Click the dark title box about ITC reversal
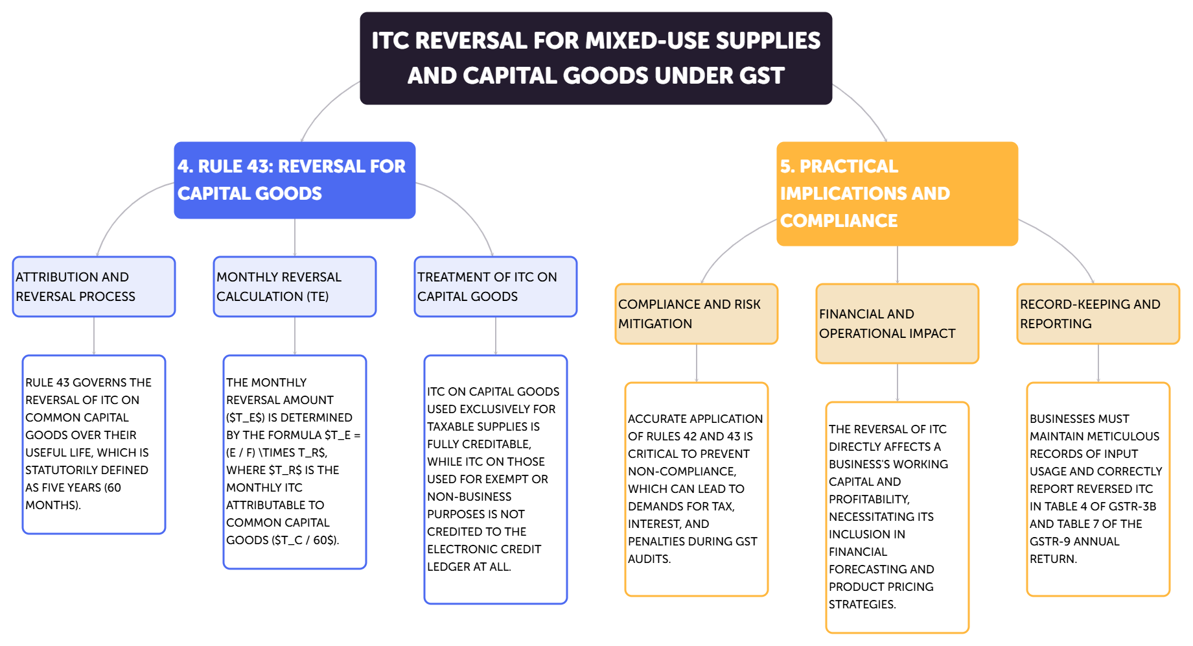click(x=596, y=58)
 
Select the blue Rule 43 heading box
click(x=294, y=180)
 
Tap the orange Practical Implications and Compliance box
click(x=897, y=193)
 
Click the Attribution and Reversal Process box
click(x=94, y=287)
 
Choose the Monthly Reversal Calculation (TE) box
click(x=295, y=287)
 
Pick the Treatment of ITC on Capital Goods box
click(x=496, y=287)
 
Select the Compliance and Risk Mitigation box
click(x=697, y=314)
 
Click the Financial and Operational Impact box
click(x=898, y=324)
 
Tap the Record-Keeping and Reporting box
click(x=1098, y=314)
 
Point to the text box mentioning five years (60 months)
click(x=94, y=444)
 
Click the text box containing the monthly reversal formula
click(x=295, y=462)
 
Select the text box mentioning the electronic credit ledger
click(x=496, y=479)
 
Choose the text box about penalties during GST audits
click(x=697, y=489)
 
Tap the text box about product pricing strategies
click(x=898, y=517)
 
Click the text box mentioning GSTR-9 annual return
click(x=1098, y=489)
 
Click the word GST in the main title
click(x=762, y=76)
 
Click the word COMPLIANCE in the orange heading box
click(x=839, y=221)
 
